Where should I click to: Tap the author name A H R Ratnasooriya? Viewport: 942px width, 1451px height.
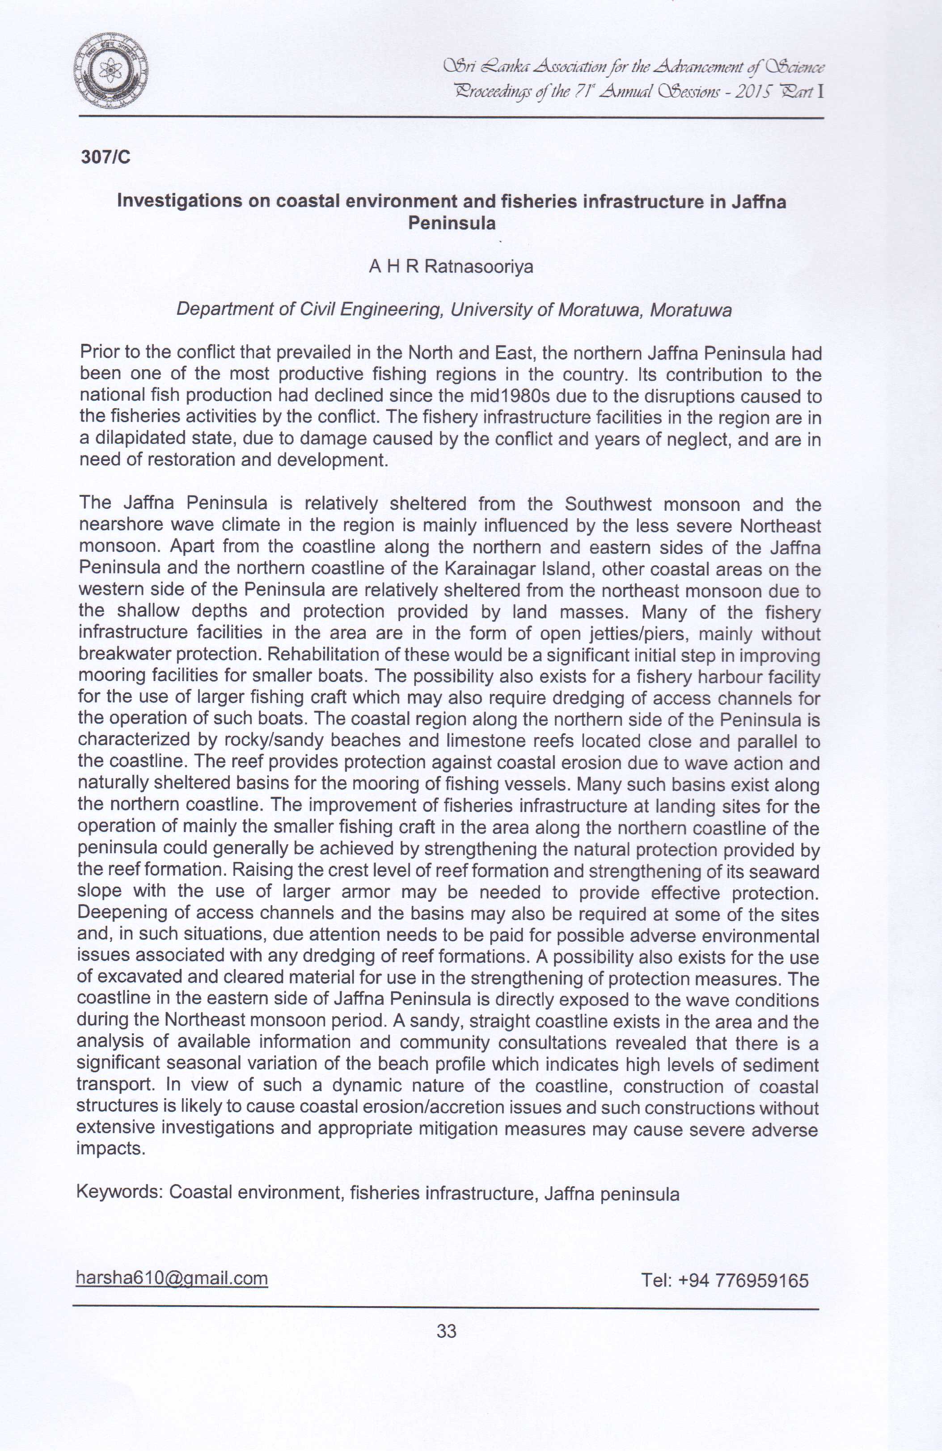(x=451, y=267)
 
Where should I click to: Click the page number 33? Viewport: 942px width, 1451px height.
(x=446, y=1331)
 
